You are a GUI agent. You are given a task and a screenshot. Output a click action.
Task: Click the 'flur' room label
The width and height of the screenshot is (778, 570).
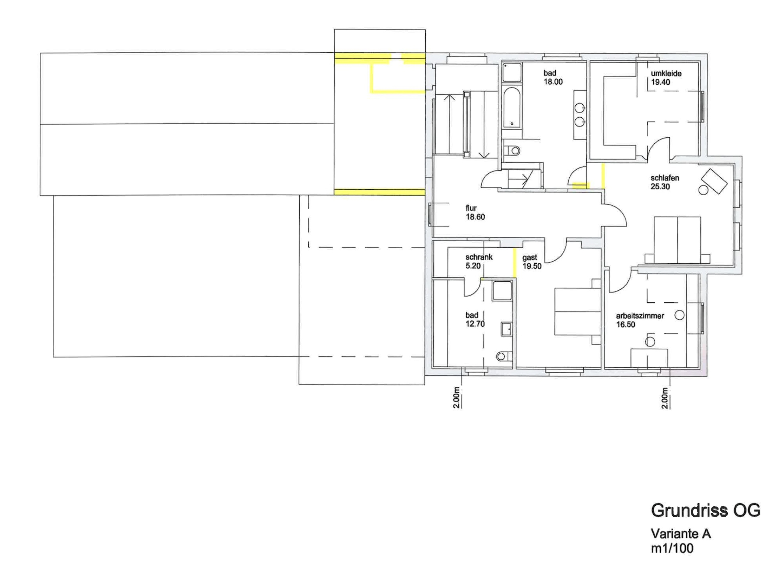(x=471, y=208)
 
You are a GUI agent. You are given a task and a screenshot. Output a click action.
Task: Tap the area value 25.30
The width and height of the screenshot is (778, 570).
(x=660, y=187)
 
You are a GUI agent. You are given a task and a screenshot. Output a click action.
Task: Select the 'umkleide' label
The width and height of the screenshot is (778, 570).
(x=666, y=73)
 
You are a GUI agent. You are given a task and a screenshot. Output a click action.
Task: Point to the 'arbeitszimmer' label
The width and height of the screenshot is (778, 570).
(x=640, y=316)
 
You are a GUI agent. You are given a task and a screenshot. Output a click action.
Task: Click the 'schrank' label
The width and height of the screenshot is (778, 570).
(x=479, y=257)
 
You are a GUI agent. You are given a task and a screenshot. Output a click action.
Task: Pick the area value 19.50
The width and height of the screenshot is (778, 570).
(x=532, y=266)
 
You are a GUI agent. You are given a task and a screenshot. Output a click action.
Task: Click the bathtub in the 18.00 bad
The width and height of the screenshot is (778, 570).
(x=512, y=108)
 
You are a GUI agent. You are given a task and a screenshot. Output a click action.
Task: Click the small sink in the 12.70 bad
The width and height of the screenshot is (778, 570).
(x=506, y=329)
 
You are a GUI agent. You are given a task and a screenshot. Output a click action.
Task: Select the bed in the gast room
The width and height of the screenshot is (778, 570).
(x=577, y=312)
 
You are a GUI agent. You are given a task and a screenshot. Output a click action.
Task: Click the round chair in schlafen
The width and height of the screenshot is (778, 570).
(x=703, y=190)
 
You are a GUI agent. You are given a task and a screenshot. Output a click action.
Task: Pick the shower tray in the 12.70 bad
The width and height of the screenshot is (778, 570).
(x=502, y=290)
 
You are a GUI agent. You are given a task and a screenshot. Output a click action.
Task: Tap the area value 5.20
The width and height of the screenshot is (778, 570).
(x=473, y=266)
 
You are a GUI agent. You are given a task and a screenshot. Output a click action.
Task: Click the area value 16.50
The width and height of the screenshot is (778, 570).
(x=626, y=325)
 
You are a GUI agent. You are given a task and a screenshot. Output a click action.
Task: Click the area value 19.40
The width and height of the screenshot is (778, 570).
(x=661, y=82)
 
